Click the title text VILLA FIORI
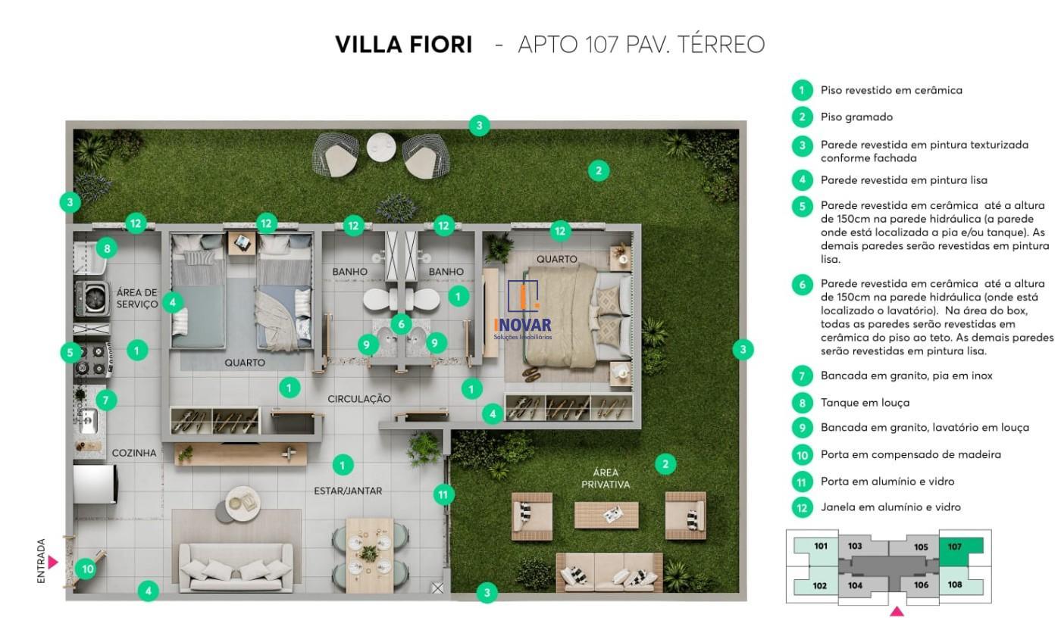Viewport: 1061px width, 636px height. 403,45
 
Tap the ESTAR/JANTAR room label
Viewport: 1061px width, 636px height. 348,491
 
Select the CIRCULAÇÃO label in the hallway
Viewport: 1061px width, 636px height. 358,398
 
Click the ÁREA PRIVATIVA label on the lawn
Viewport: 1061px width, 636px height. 606,479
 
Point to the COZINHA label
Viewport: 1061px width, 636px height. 134,453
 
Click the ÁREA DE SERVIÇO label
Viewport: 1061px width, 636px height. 137,298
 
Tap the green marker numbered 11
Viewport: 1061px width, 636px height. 443,495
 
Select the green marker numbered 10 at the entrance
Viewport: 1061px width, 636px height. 86,569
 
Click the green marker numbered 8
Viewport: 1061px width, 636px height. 107,248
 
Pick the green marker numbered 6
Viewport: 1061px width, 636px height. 401,324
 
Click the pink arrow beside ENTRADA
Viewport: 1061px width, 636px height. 53,562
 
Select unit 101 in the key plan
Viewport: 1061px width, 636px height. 820,547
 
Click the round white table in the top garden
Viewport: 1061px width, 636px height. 380,147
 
